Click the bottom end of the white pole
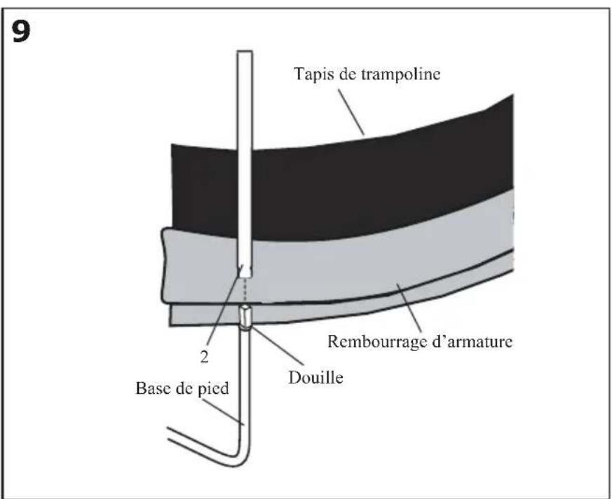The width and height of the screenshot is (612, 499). pos(244,273)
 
